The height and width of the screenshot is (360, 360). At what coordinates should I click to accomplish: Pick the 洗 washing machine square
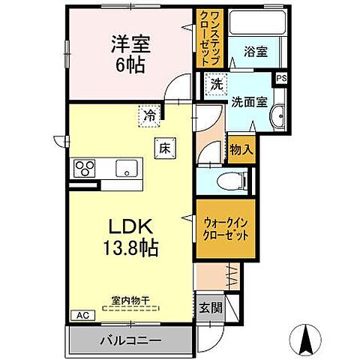(216, 83)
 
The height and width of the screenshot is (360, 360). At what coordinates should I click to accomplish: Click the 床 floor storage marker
(164, 148)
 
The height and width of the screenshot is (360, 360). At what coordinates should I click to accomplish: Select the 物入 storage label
(241, 150)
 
